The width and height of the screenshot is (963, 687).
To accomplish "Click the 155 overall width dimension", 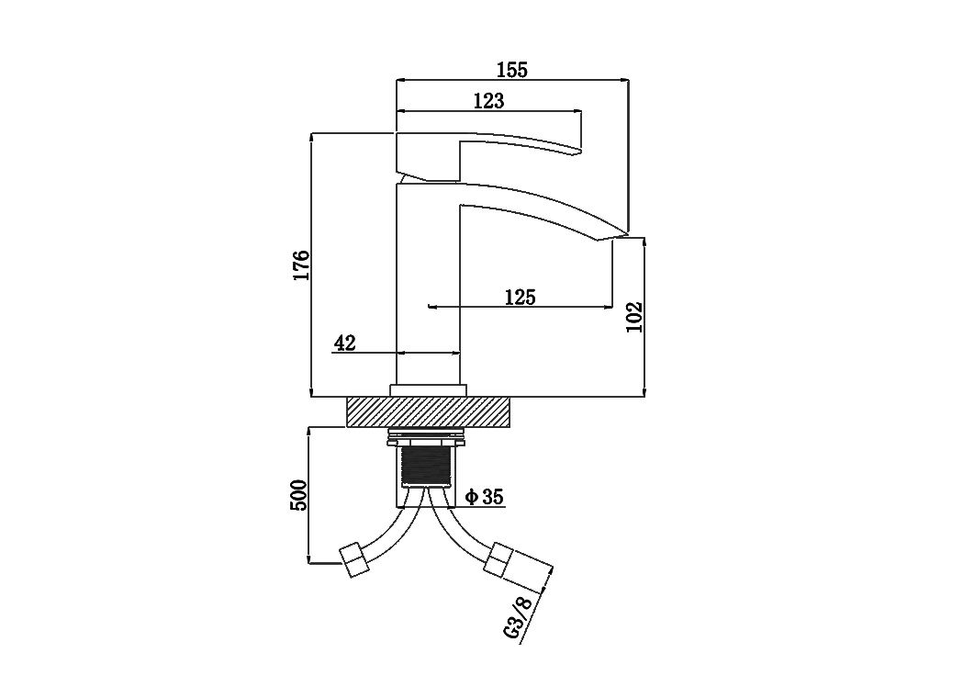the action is [x=513, y=70].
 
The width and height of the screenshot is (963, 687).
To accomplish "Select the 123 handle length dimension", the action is [x=489, y=100].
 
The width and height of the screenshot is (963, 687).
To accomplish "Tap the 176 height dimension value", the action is [x=300, y=265].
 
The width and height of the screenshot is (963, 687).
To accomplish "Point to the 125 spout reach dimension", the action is [x=521, y=297].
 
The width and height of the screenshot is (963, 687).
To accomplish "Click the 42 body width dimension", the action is [x=344, y=343].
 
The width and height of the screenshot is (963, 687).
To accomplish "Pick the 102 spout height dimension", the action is [x=634, y=317].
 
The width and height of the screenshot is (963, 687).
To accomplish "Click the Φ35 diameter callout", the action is [x=485, y=497].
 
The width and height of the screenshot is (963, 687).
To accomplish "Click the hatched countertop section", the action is [x=429, y=411].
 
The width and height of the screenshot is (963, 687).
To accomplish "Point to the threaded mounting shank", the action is [x=428, y=467].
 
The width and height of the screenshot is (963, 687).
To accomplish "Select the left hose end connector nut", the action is [x=355, y=560].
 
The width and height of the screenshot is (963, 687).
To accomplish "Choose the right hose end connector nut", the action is [x=498, y=560].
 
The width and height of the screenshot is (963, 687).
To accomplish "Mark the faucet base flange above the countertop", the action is [x=428, y=390].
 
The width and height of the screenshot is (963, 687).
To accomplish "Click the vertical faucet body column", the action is [x=428, y=284].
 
